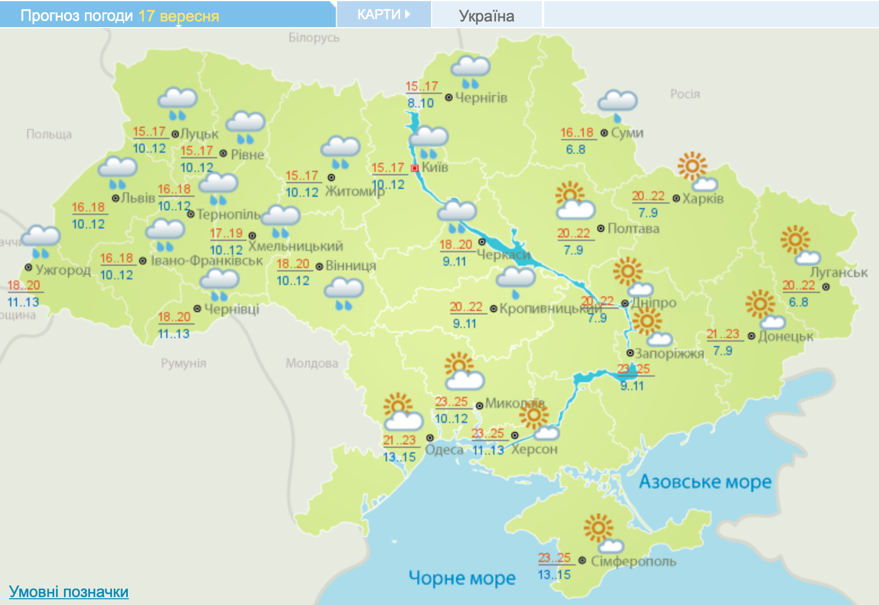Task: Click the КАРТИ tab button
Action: tap(384, 14)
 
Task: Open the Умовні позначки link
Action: tap(68, 591)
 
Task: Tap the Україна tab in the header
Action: tap(486, 15)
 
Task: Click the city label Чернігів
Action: tap(481, 97)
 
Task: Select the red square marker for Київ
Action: tap(415, 168)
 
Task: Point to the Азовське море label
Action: tap(705, 482)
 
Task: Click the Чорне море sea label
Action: tap(462, 578)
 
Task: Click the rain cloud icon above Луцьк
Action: tap(178, 103)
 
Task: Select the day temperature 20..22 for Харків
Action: tap(648, 196)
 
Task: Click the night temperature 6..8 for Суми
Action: tap(576, 149)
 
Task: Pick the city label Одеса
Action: tap(444, 450)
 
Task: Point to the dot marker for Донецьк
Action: tap(751, 336)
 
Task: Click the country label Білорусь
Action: tap(314, 38)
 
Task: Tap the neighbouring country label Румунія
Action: tap(183, 363)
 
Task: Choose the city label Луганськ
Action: tap(839, 273)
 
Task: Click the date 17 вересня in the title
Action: tap(178, 16)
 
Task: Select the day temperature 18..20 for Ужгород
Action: tap(24, 285)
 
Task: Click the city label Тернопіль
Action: tap(229, 214)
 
